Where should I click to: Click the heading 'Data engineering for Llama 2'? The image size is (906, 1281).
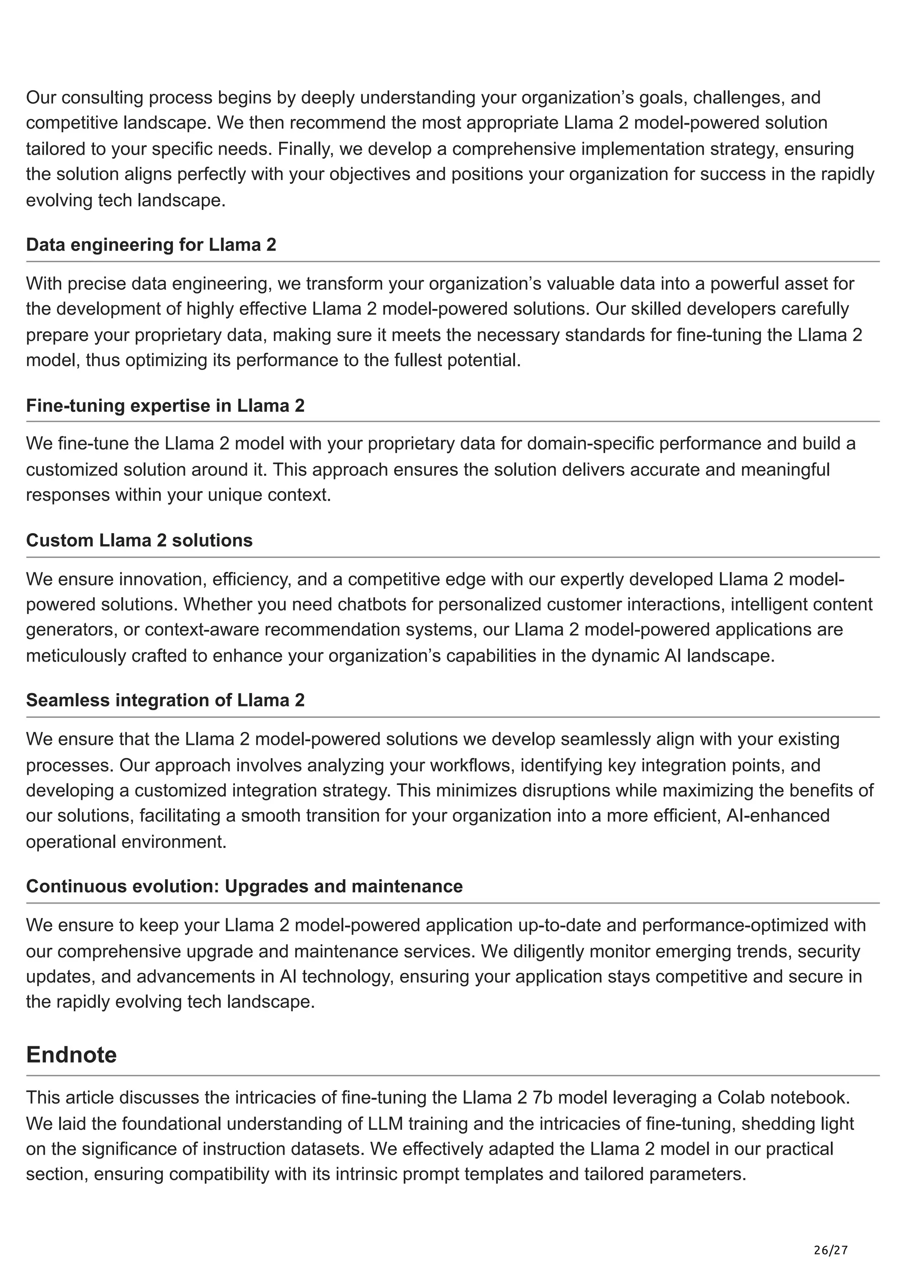point(151,245)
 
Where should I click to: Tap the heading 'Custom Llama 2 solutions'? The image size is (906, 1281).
point(139,540)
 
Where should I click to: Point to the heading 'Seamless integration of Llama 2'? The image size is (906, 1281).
point(165,700)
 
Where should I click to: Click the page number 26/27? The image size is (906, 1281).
point(831,1234)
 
